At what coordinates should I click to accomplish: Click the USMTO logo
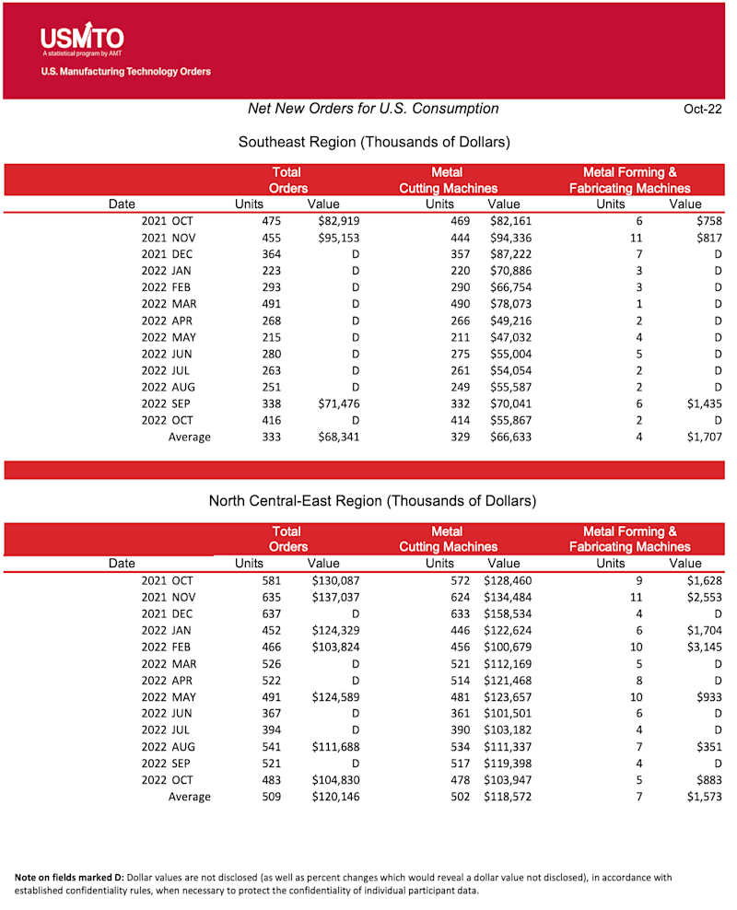click(x=82, y=39)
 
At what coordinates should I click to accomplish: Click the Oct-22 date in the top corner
click(x=703, y=109)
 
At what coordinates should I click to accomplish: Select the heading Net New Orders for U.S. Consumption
click(x=373, y=109)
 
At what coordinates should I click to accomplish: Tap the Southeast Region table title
click(x=374, y=142)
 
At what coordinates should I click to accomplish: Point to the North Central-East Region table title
click(x=372, y=501)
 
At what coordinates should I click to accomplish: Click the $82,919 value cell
click(x=334, y=221)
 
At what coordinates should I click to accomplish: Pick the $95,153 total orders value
click(x=334, y=238)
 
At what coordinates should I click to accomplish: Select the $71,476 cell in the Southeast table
click(x=334, y=403)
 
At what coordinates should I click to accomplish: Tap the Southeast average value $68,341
click(x=334, y=437)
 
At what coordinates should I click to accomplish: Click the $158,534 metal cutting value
click(x=507, y=613)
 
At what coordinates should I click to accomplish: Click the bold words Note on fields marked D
click(x=68, y=878)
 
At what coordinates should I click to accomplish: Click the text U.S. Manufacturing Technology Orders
click(x=125, y=72)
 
